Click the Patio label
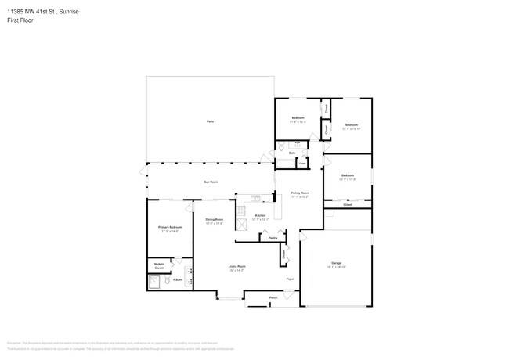pyautogui.click(x=210, y=121)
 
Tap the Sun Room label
pyautogui.click(x=211, y=182)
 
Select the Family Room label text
pyautogui.click(x=300, y=193)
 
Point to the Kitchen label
pyautogui.click(x=261, y=215)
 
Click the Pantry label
pyautogui.click(x=273, y=238)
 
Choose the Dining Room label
pyautogui.click(x=215, y=219)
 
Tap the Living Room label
pyautogui.click(x=236, y=266)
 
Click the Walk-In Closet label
pyautogui.click(x=159, y=266)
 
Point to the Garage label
pyautogui.click(x=336, y=262)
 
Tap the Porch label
pyautogui.click(x=273, y=297)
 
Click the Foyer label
pyautogui.click(x=289, y=279)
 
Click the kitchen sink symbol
pyautogui.click(x=256, y=197)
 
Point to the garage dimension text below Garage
pyautogui.click(x=336, y=267)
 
